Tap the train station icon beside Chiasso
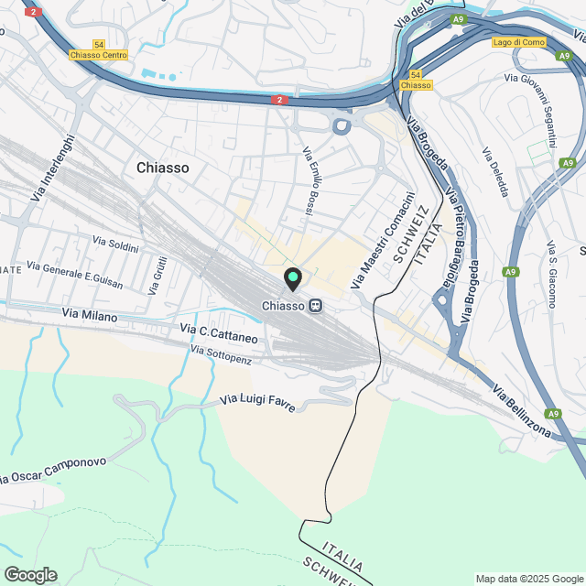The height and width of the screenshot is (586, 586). tap(315, 306)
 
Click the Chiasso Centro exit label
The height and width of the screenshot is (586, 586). tap(98, 55)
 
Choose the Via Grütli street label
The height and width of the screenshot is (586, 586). tap(159, 275)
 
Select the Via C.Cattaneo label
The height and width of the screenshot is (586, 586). tap(219, 332)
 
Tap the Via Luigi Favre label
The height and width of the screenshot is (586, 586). tap(258, 401)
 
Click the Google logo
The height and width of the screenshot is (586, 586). tap(29, 574)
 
